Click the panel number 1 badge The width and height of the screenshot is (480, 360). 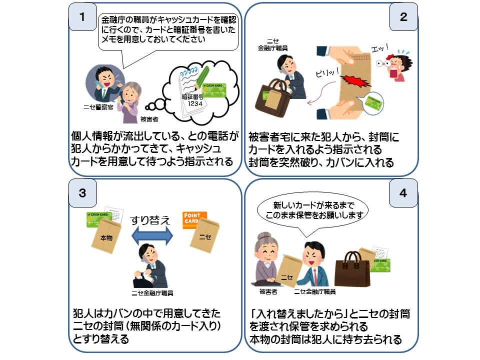point(82,16)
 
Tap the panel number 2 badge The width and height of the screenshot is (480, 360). point(403,16)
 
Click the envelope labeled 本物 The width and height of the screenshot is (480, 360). point(107,237)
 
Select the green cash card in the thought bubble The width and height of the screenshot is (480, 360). point(214,90)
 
